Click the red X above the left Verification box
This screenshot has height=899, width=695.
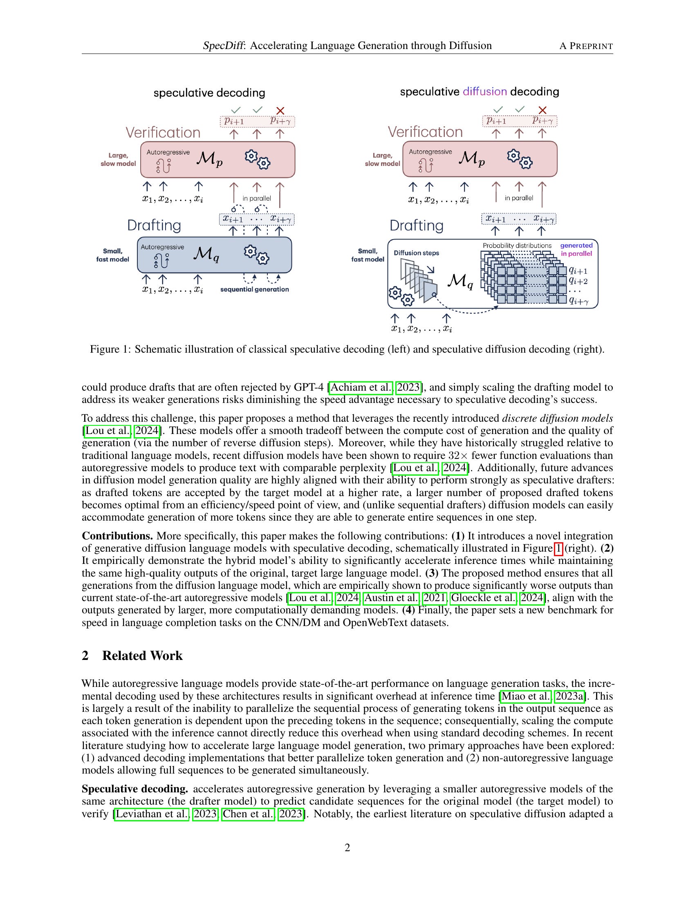280,110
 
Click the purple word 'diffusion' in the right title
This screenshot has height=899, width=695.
484,92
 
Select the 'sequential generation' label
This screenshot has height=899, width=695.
254,289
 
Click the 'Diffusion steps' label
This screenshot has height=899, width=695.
416,253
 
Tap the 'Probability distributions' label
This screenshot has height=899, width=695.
517,245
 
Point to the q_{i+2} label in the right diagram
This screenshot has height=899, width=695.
578,281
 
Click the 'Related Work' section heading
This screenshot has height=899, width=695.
142,655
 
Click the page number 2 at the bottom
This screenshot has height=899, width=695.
347,848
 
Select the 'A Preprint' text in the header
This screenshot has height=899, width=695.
586,46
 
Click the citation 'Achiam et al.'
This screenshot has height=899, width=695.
361,387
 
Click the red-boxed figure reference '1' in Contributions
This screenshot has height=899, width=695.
559,548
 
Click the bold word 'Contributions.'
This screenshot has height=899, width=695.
117,536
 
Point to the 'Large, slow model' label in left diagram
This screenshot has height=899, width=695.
118,159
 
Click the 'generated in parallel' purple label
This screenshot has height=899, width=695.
576,249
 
